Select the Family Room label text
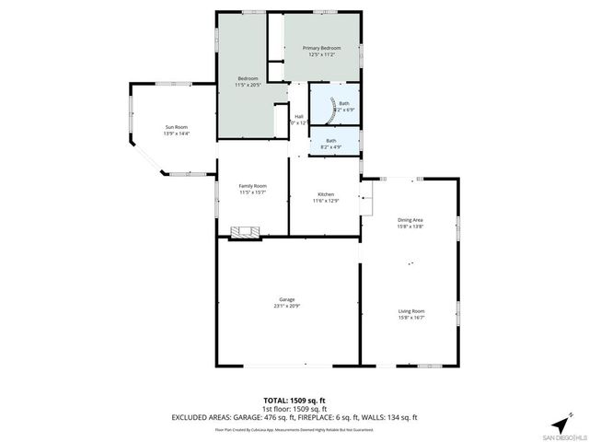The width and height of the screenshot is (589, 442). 252,186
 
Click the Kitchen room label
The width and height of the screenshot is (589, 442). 324,194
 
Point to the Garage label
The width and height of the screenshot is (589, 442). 287,298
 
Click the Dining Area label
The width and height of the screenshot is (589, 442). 410,219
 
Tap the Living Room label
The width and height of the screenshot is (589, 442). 410,311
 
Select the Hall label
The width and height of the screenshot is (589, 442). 298,116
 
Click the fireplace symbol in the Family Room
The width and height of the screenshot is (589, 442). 245,231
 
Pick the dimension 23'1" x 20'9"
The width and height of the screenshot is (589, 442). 287,306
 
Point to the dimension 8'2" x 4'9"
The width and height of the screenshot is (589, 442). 330,147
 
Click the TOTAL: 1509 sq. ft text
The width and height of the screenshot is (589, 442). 294,401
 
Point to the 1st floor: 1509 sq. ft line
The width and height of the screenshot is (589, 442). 294,409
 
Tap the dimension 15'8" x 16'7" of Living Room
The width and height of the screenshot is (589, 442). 410,319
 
